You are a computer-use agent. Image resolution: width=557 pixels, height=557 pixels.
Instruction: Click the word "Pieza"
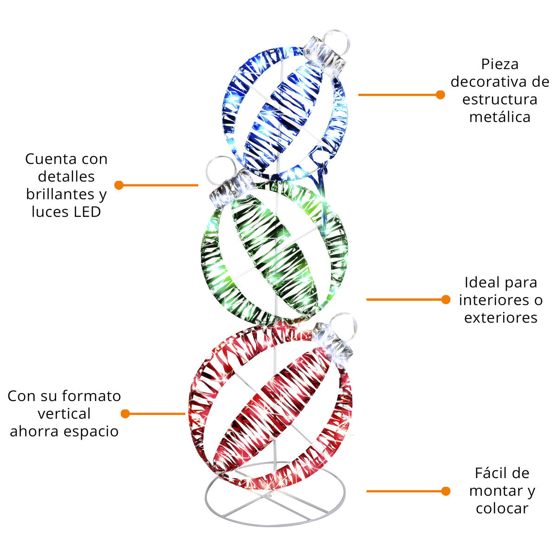499,64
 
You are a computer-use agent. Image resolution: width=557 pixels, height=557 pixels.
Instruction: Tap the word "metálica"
499,117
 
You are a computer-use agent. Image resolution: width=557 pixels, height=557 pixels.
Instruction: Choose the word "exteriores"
501,317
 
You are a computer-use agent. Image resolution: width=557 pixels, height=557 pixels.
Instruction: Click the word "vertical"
64,413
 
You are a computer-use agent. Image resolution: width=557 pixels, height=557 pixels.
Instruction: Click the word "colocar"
502,508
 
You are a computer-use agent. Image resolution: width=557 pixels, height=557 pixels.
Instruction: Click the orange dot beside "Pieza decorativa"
440,95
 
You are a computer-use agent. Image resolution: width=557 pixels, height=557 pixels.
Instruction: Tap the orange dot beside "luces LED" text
119,185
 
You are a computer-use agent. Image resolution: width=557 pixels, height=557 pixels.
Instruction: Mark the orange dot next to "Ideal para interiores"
446,299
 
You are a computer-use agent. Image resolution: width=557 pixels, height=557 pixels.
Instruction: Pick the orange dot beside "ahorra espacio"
125,414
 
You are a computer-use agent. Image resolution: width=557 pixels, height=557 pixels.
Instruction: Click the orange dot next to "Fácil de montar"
446,491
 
